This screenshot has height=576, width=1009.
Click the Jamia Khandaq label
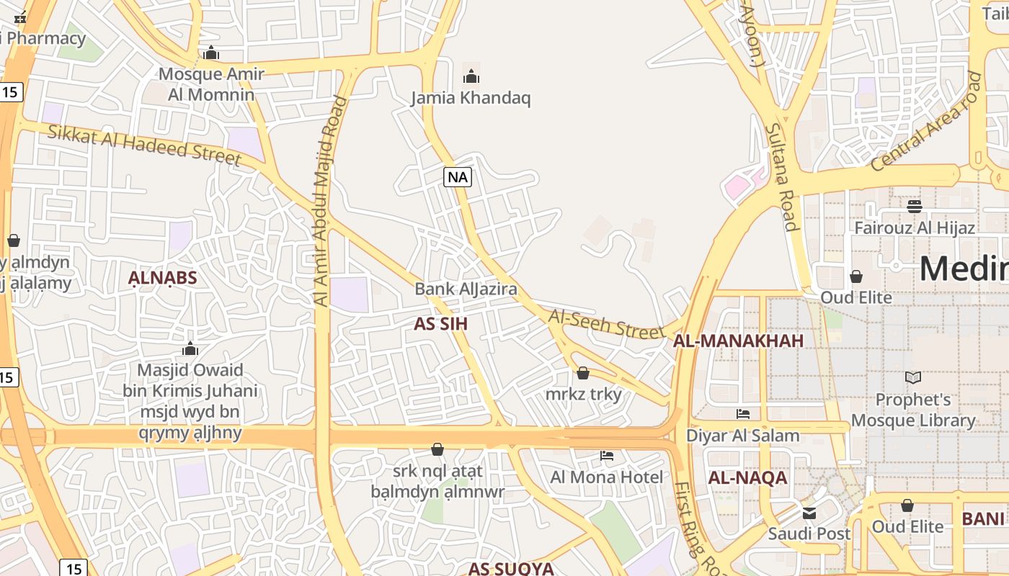(x=471, y=98)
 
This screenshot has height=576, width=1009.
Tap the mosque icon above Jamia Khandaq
(x=471, y=76)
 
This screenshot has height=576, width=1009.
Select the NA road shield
(x=458, y=177)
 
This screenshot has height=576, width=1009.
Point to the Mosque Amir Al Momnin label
(x=211, y=84)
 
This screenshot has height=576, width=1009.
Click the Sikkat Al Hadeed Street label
(x=144, y=144)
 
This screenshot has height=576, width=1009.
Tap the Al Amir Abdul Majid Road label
(x=330, y=202)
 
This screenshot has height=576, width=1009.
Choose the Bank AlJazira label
(x=466, y=289)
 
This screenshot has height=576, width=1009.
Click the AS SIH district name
(x=441, y=324)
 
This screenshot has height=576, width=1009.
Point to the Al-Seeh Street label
(x=606, y=325)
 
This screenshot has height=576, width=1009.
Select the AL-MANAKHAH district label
(x=738, y=341)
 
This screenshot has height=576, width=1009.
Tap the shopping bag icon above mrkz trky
(x=583, y=373)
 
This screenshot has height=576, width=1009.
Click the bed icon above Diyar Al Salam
(x=743, y=414)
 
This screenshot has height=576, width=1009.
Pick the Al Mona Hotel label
(x=607, y=477)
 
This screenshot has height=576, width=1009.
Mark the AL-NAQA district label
(x=747, y=478)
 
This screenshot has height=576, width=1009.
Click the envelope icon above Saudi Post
(x=809, y=513)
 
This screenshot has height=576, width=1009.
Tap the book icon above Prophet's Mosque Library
(x=913, y=377)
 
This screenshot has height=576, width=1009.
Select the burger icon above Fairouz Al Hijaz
(x=915, y=207)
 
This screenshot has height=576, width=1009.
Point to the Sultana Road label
(x=781, y=176)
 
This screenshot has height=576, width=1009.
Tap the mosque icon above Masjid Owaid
(x=190, y=349)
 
